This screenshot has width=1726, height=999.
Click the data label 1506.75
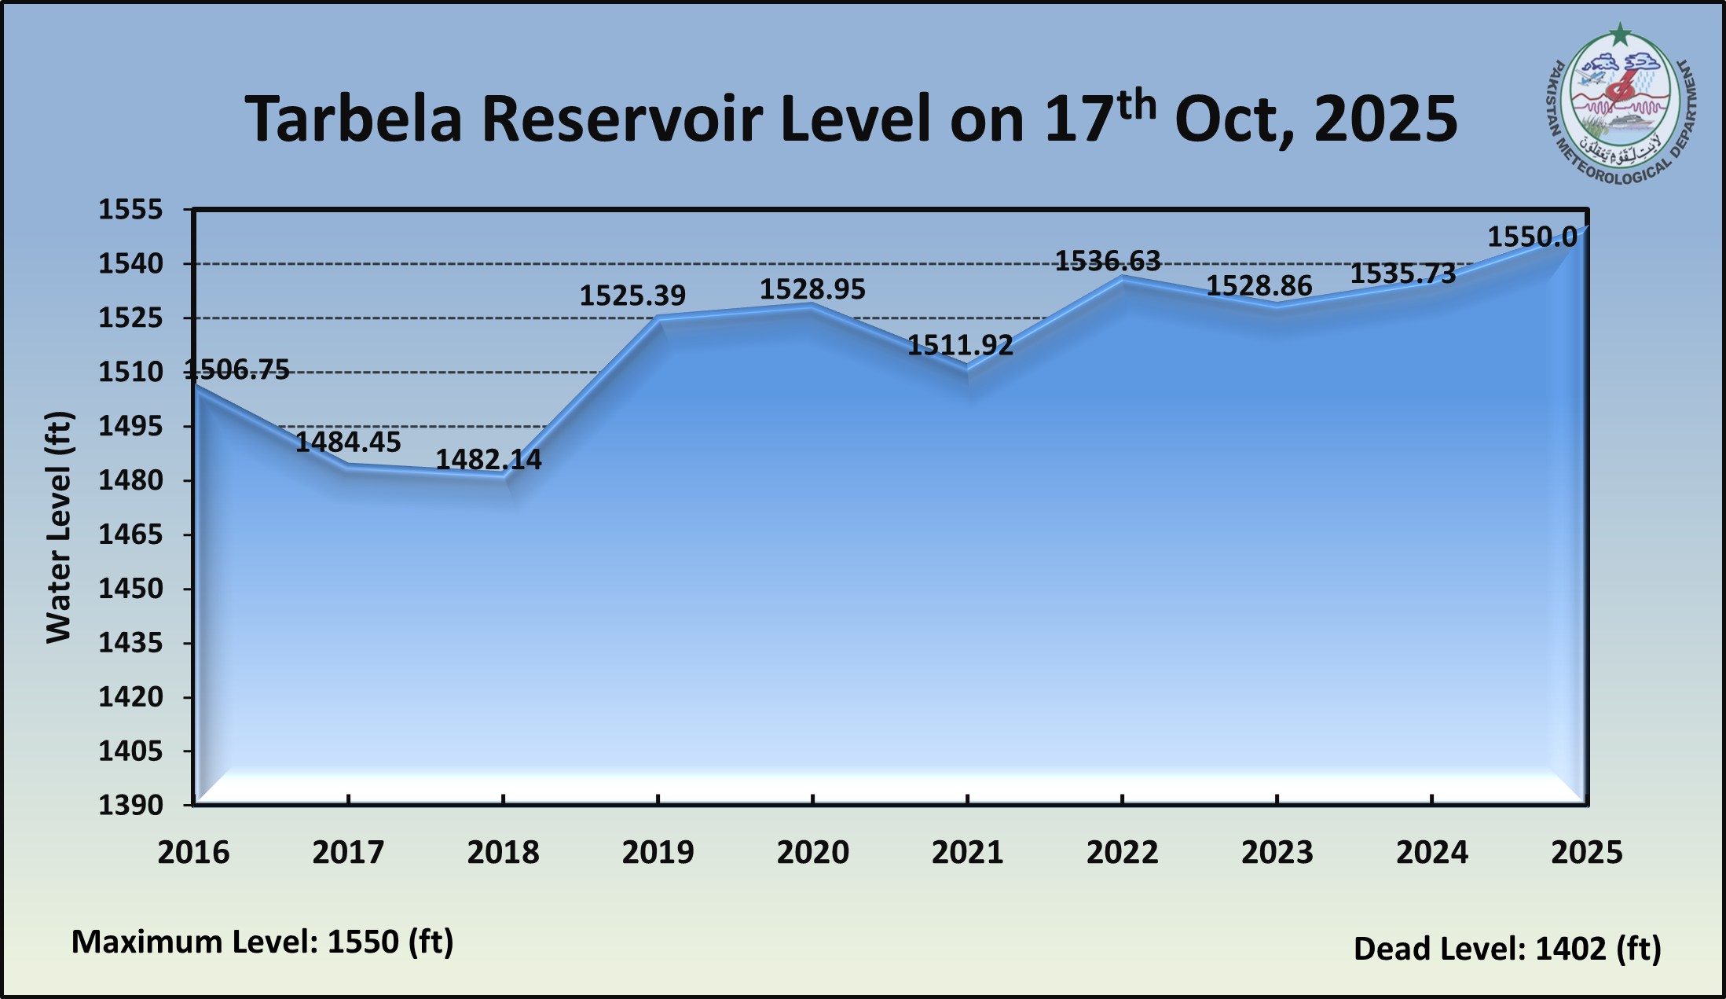237,369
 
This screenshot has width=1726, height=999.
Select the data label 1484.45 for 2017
348,442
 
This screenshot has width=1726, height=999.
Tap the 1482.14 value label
489,460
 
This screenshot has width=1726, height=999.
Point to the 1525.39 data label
632,296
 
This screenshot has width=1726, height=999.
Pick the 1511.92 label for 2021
960,345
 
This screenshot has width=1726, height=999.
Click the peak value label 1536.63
1107,261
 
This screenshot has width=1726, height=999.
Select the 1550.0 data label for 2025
1532,237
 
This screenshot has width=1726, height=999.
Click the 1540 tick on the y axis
130,264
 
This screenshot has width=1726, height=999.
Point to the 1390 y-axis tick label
130,805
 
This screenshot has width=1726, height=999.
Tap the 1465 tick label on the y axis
130,534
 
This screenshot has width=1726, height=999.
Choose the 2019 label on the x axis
658,852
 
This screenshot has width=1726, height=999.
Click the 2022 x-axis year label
1122,852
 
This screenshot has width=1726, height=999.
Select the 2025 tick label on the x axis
1586,852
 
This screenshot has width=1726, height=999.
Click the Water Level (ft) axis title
59,527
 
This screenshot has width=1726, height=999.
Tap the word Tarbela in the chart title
353,119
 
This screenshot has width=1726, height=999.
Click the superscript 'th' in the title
1136,105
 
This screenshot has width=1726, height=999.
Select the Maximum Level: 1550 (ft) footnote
262,942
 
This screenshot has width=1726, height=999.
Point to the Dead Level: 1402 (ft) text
1507,949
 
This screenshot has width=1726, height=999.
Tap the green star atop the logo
1620,35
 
